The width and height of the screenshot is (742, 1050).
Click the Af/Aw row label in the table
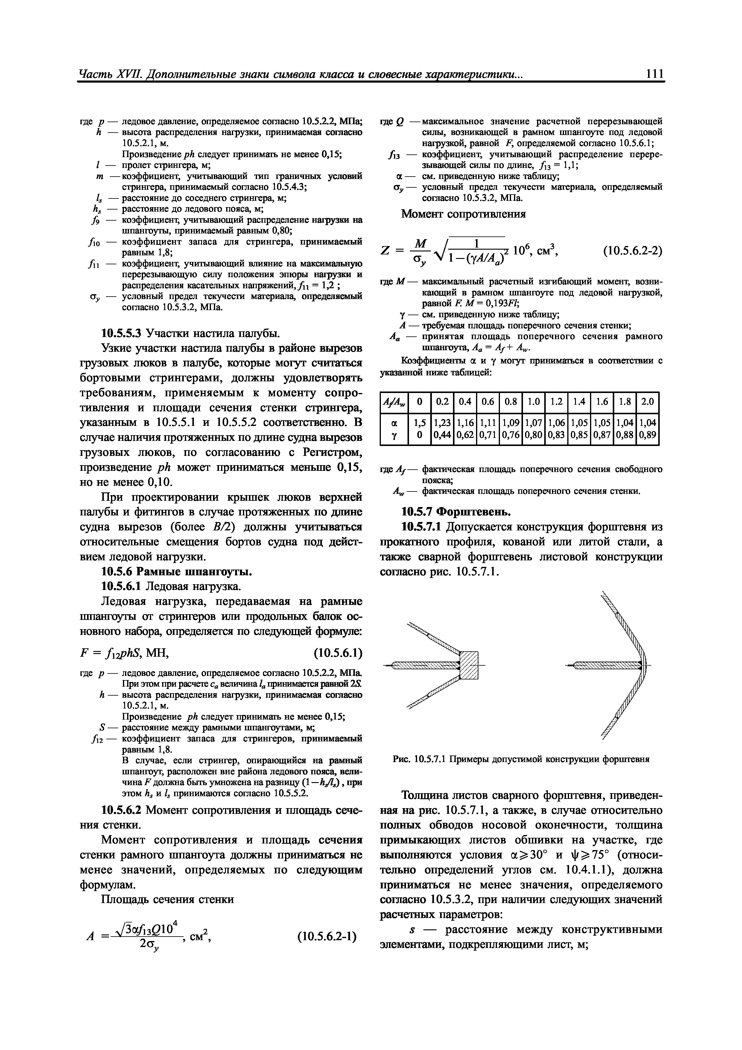click(394, 403)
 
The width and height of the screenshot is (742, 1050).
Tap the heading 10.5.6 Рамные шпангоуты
click(176, 572)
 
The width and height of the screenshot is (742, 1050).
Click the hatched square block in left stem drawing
click(468, 665)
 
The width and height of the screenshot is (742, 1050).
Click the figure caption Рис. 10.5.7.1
click(521, 760)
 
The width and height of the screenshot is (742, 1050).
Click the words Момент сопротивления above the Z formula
click(463, 214)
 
